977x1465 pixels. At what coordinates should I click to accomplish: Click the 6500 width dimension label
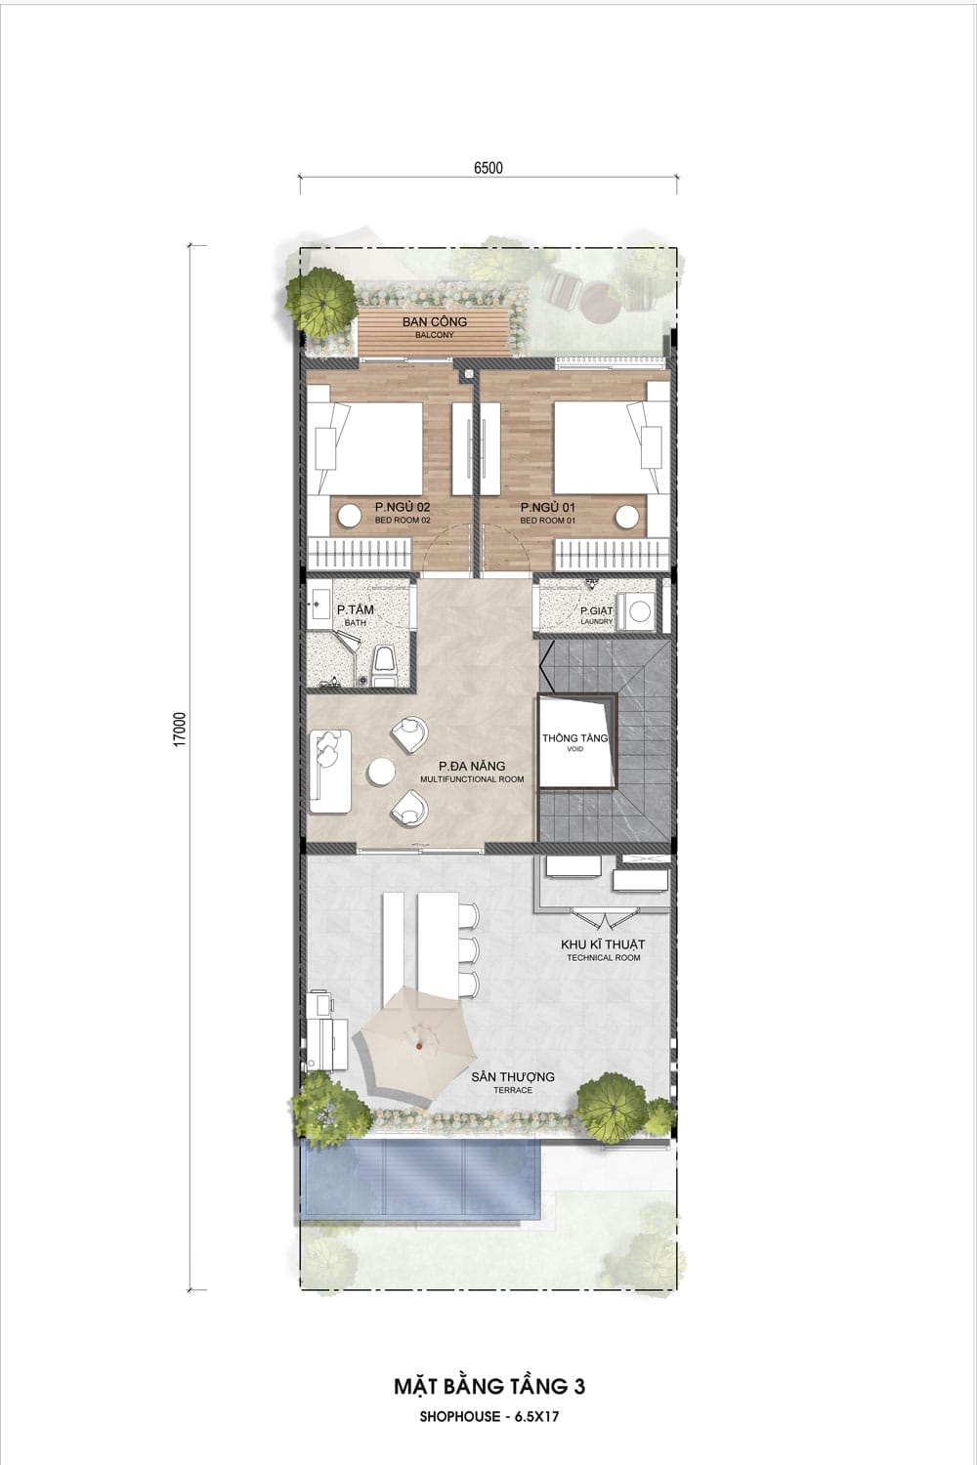click(488, 167)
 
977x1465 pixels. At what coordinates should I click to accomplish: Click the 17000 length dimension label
click(181, 729)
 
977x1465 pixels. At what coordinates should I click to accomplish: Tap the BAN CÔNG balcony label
click(435, 326)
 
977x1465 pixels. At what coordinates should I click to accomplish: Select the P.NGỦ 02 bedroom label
click(403, 512)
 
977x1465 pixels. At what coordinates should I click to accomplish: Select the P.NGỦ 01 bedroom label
click(548, 512)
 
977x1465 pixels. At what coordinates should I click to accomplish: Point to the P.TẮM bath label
click(356, 614)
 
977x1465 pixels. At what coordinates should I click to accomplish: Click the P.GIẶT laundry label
click(597, 614)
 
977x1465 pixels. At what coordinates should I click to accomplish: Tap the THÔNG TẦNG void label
click(575, 742)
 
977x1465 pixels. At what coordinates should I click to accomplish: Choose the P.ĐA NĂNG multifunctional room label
click(472, 772)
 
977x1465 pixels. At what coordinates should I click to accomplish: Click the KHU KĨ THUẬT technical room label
click(603, 949)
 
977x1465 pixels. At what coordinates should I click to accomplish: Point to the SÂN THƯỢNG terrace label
click(512, 1082)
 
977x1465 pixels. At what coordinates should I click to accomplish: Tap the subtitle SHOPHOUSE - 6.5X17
click(488, 1416)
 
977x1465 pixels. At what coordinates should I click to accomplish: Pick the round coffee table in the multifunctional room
click(381, 771)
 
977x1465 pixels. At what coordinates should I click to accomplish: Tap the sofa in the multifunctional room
click(330, 771)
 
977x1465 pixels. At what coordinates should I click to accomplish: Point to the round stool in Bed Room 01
click(627, 517)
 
